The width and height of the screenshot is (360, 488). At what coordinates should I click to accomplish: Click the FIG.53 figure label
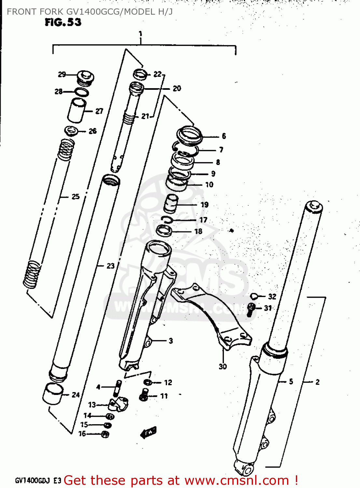63,22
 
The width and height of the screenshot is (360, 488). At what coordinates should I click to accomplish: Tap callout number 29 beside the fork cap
62,75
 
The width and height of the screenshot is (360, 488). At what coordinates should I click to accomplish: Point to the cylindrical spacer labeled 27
77,111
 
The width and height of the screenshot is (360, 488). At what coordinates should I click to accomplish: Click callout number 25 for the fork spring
76,197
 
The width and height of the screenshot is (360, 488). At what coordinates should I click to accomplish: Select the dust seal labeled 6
189,135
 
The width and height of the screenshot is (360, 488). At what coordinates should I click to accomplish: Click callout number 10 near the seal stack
209,185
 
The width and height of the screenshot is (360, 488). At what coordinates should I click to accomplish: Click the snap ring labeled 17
167,220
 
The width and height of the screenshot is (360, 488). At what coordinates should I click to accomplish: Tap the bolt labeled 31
251,309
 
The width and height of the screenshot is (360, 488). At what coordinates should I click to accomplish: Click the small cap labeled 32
254,296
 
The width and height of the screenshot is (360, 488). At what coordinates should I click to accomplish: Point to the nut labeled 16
105,434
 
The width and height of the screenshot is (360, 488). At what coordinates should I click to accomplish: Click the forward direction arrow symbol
148,433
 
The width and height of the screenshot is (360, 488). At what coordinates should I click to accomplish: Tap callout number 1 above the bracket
140,34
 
